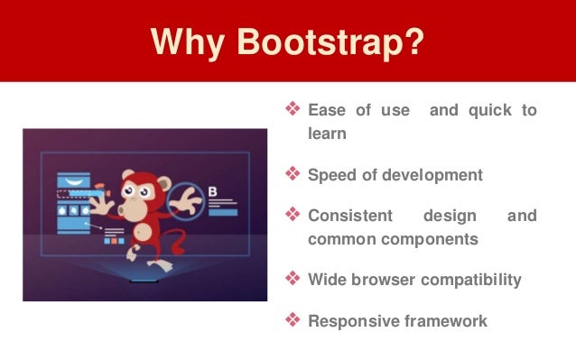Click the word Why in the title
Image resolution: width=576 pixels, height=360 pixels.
[x=185, y=42]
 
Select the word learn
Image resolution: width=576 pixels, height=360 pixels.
[x=328, y=133]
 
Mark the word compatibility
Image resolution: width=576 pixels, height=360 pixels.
[x=477, y=280]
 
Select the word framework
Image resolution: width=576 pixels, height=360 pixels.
[x=441, y=320]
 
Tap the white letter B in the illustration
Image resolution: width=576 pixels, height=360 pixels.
[x=213, y=190]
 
